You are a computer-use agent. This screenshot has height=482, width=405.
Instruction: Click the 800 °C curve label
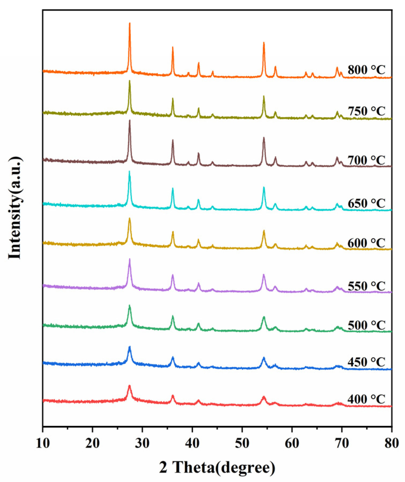pos(366,70)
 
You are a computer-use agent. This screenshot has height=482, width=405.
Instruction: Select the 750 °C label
pos(366,111)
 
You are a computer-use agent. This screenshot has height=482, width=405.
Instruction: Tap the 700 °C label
pos(366,160)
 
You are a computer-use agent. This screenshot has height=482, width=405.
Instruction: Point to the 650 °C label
pos(366,203)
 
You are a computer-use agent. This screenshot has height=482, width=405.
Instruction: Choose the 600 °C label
pos(366,243)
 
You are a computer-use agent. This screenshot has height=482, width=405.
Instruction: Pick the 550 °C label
pos(366,286)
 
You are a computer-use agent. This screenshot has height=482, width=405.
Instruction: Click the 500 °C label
pos(366,325)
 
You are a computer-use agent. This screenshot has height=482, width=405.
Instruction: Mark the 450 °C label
pos(366,362)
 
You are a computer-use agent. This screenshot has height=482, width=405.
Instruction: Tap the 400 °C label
pos(366,399)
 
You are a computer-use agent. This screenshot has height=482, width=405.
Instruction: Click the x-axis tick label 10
pos(43,443)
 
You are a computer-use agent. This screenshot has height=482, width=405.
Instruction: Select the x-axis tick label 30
pos(142,443)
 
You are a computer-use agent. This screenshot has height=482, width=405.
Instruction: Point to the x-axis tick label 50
pos(242,443)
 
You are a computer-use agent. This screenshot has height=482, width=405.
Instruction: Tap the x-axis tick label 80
pos(391,443)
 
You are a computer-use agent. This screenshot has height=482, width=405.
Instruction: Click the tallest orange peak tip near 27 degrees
pos(130,23)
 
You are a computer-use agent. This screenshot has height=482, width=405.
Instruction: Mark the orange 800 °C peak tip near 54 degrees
pos(264,42)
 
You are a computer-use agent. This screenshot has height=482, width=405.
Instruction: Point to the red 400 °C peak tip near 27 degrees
pos(130,386)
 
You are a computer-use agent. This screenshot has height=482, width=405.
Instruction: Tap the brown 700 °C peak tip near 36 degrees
pos(172,140)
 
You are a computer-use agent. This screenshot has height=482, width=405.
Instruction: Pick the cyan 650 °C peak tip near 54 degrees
pos(264,187)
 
